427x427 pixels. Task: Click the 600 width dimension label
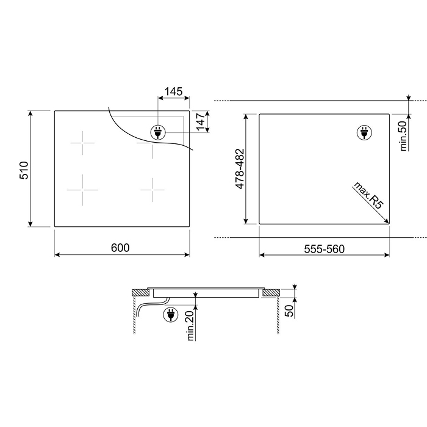(x=120, y=248)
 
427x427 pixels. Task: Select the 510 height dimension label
(x=24, y=170)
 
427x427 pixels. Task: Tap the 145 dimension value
(x=173, y=91)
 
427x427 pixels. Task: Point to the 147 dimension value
(x=201, y=121)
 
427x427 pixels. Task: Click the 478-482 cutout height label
(x=240, y=168)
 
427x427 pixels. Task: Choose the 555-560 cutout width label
(x=325, y=249)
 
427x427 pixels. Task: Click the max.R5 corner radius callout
(x=368, y=196)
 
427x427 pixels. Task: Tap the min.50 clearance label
(x=403, y=136)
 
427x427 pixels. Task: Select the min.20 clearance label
(x=190, y=326)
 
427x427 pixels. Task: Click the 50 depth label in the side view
(x=289, y=310)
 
